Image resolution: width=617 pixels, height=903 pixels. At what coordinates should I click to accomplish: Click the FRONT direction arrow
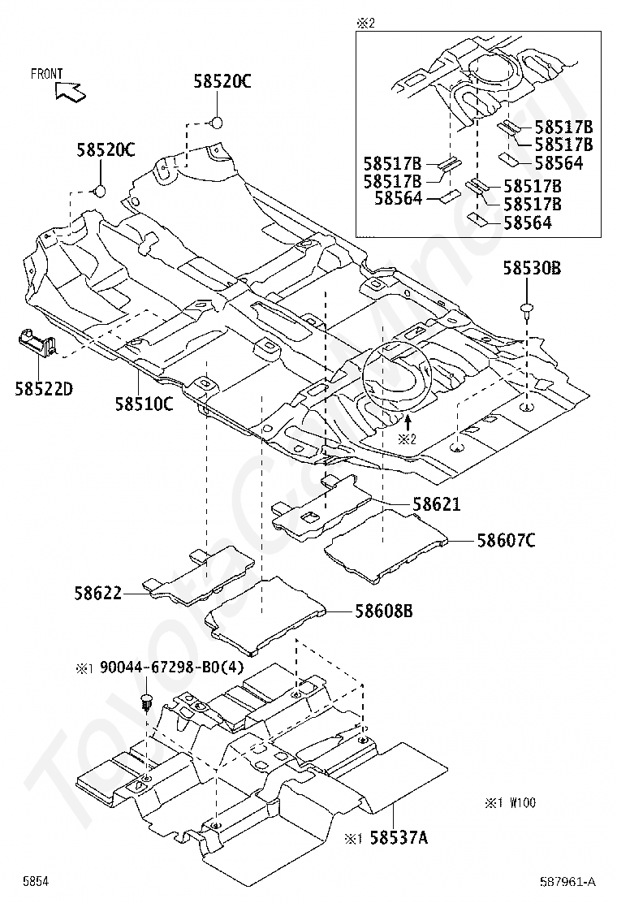click(71, 91)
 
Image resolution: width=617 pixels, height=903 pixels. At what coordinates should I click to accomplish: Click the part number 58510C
click(144, 404)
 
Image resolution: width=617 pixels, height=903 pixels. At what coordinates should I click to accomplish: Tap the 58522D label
click(44, 389)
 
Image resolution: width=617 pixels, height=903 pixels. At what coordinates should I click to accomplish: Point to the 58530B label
click(533, 268)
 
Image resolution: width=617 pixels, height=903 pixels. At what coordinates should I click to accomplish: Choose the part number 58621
click(437, 504)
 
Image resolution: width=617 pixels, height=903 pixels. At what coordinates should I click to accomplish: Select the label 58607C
click(506, 540)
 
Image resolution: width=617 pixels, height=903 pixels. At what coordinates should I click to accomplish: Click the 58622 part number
click(98, 593)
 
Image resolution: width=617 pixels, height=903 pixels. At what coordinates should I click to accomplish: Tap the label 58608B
click(383, 611)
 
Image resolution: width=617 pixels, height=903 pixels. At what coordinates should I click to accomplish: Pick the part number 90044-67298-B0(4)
click(172, 668)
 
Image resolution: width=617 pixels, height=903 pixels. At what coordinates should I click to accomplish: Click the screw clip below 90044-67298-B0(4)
click(147, 702)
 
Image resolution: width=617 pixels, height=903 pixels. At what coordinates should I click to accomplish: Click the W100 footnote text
click(522, 803)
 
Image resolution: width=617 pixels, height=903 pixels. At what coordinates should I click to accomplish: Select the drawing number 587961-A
click(567, 881)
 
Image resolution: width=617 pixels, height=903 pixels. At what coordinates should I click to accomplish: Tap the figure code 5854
click(36, 881)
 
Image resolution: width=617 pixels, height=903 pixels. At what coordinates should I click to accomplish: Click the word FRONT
click(46, 74)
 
